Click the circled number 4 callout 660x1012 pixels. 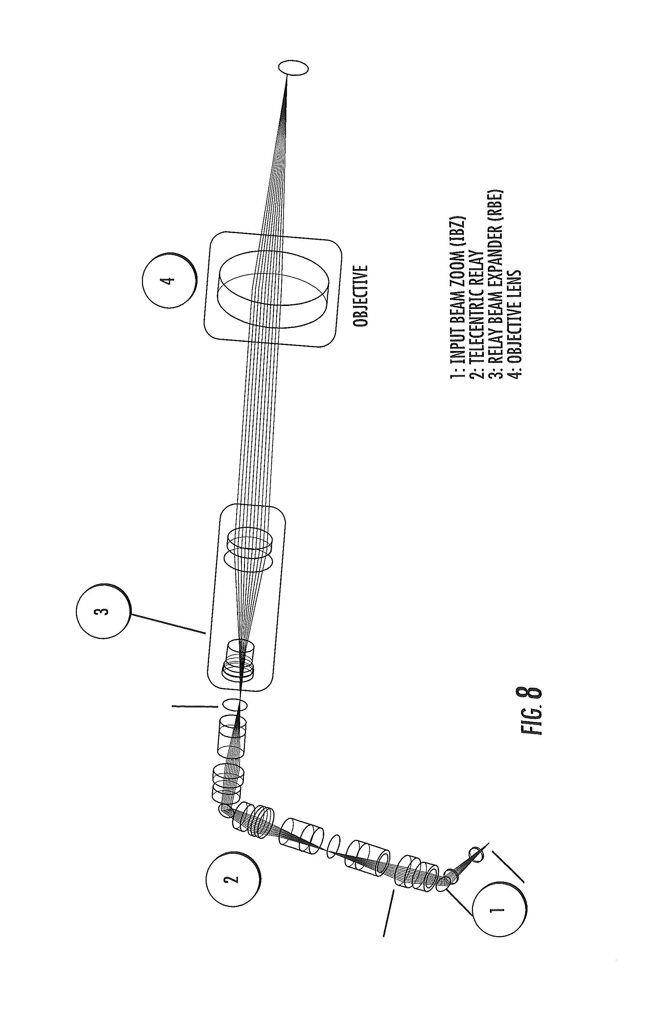169,281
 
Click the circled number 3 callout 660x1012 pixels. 103,612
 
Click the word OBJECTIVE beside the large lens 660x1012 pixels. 360,296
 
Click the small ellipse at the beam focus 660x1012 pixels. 293,68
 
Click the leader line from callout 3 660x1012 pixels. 168,623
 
